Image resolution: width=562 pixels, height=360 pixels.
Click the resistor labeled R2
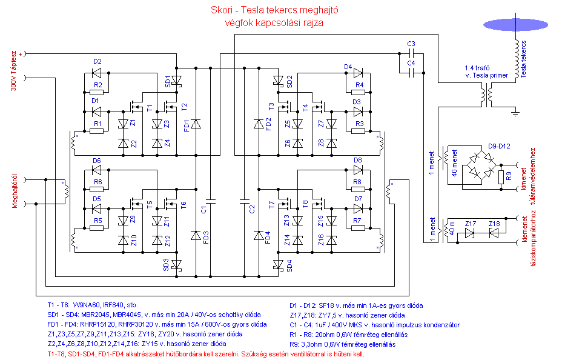[x=98, y=92]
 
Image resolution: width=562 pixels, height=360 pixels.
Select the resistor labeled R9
[x=500, y=178]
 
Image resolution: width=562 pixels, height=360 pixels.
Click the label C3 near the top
[x=411, y=44]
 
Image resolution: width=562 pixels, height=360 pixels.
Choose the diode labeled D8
[x=358, y=171]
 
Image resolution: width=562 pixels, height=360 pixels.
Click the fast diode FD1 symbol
[x=195, y=124]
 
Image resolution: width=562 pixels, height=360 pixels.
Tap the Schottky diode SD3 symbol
[x=176, y=264]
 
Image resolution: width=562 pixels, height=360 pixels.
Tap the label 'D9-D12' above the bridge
[x=500, y=147]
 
